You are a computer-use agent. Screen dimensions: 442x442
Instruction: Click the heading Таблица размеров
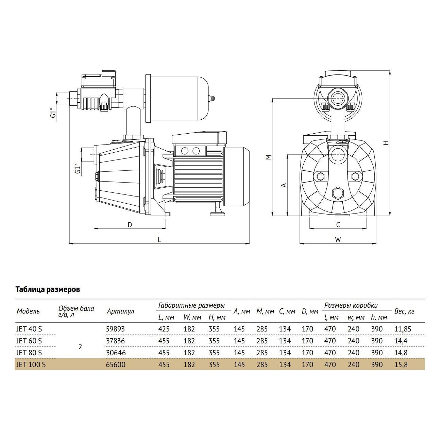[48, 290]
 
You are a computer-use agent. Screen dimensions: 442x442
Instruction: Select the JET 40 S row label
[29, 329]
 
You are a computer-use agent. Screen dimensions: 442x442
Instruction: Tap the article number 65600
[116, 365]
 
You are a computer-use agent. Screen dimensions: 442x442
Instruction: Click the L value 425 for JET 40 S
[164, 329]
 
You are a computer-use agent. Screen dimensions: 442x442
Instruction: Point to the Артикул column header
[120, 311]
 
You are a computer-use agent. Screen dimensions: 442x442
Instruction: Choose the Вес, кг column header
[404, 311]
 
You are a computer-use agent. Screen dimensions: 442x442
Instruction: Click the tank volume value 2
[80, 347]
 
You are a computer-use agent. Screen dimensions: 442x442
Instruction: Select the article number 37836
[116, 341]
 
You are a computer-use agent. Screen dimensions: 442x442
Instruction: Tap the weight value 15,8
[401, 365]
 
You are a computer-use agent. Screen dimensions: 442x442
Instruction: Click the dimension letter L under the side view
[159, 240]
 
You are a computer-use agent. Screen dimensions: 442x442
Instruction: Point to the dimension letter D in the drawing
[130, 225]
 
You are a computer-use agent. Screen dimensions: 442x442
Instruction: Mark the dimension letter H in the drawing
[386, 143]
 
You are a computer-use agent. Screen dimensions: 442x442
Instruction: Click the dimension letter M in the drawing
[268, 157]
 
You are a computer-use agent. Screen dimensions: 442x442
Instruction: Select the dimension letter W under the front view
[338, 240]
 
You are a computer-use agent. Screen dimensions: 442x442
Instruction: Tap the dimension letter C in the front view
[338, 225]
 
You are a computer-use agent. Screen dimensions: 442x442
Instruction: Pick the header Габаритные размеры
[191, 305]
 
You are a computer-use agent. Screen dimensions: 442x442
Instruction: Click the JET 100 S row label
[31, 365]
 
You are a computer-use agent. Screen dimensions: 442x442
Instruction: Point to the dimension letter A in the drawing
[283, 185]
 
